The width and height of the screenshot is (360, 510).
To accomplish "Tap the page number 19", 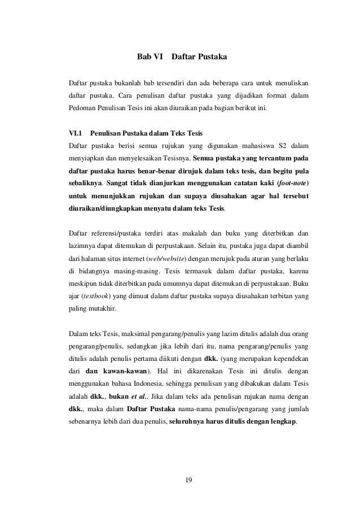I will tap(189, 481).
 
